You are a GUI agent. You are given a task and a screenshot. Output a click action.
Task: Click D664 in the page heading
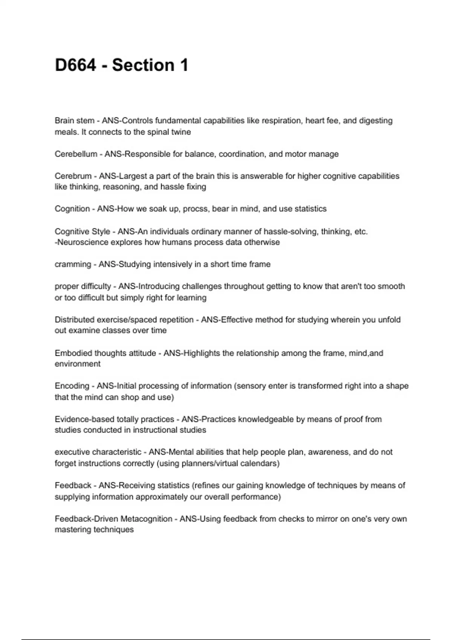tap(75, 65)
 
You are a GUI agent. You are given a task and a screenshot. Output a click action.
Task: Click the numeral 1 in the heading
tap(184, 65)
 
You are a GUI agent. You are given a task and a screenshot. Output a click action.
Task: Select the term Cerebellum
tap(76, 154)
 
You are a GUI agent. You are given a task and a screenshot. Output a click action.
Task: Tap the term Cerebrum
tap(73, 176)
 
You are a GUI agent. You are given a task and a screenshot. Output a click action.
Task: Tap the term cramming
tap(73, 264)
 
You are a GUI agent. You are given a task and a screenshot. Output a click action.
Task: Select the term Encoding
tap(72, 386)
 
